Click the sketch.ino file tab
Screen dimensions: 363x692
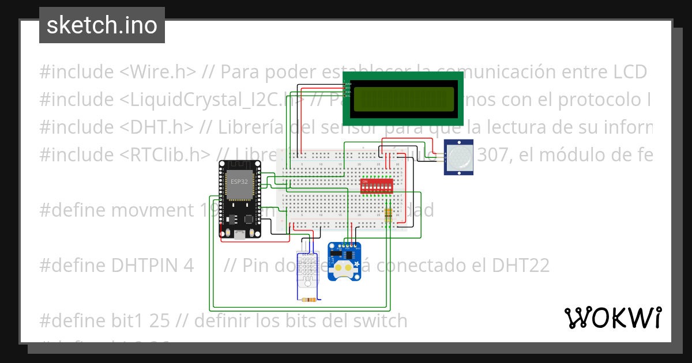pyautogui.click(x=102, y=25)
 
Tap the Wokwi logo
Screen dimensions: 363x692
pyautogui.click(x=612, y=317)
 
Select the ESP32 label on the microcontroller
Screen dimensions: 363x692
pyautogui.click(x=239, y=181)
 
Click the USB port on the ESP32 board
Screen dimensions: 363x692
pyautogui.click(x=239, y=233)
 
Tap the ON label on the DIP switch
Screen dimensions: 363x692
pyautogui.click(x=364, y=180)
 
